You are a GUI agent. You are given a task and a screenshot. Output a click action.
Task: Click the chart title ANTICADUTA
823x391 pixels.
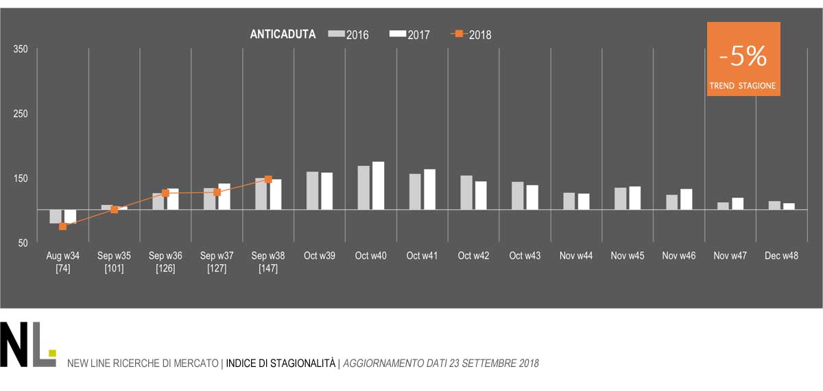[x=283, y=34]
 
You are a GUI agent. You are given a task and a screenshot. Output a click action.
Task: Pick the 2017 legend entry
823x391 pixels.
[x=409, y=34]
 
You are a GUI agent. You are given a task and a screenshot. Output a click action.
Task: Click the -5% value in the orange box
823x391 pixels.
[x=743, y=58]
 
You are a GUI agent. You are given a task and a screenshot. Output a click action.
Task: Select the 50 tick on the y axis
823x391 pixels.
[x=23, y=243]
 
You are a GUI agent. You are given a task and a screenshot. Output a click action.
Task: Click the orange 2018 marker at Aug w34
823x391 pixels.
[x=63, y=226]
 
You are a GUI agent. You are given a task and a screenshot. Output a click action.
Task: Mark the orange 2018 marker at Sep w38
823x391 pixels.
[x=268, y=180]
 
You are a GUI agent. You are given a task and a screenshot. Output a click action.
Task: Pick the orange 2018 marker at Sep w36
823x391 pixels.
[x=165, y=193]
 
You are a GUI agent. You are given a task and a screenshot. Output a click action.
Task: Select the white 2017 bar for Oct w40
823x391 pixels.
[x=378, y=185]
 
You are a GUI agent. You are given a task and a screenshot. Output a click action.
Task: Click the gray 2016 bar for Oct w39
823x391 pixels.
[x=312, y=190]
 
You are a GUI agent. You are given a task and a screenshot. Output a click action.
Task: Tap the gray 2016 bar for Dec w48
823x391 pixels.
[x=774, y=205]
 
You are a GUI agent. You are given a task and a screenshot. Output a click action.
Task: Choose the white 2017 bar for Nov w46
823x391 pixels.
[x=686, y=199]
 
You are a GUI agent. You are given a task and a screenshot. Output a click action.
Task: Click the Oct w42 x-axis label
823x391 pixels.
[x=474, y=256]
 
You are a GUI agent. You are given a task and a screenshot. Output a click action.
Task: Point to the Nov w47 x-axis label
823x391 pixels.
[x=730, y=256]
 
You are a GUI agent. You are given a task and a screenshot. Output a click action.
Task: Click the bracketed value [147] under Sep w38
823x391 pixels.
[x=268, y=268]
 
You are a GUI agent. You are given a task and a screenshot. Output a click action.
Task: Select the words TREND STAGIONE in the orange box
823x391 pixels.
[x=743, y=87]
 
